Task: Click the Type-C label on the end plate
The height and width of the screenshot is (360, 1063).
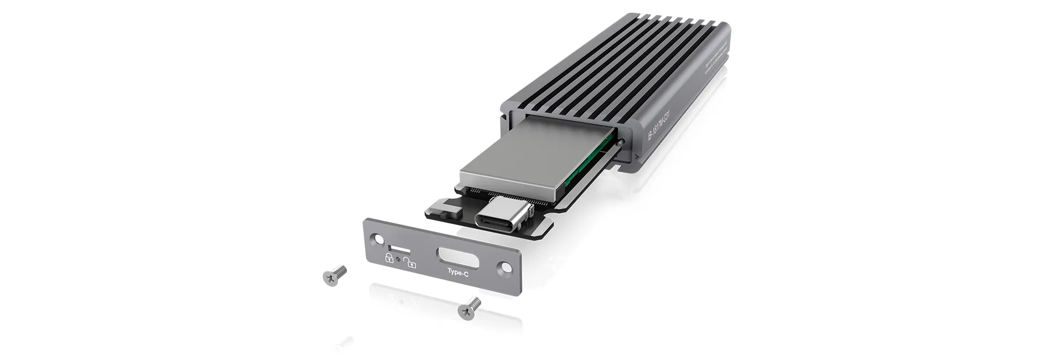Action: click(x=458, y=273)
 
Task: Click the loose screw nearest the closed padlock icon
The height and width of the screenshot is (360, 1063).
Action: click(x=334, y=275)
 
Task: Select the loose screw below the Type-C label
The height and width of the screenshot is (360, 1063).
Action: click(x=469, y=307)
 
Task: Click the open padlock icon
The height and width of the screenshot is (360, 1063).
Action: click(x=410, y=263)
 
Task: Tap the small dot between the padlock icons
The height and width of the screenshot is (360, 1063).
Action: click(x=399, y=259)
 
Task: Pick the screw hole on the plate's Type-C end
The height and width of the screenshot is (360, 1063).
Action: click(x=504, y=268)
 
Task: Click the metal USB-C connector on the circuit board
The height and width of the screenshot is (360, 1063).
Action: click(x=503, y=213)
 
